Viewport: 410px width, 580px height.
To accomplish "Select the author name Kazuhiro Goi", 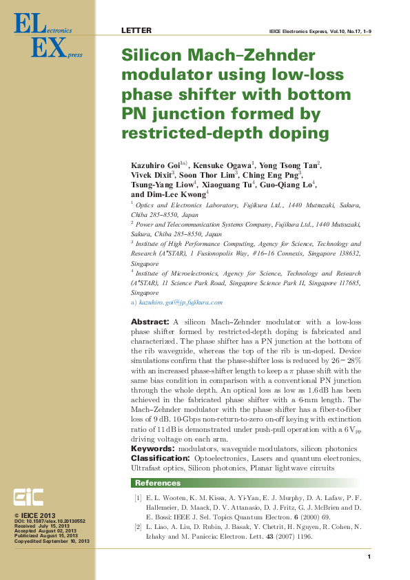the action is [x=155, y=165].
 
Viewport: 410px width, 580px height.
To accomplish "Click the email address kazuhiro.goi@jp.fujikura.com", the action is [x=181, y=302].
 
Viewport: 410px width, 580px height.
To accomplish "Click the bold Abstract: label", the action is [x=150, y=322].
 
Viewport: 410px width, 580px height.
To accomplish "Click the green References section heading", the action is [x=158, y=483].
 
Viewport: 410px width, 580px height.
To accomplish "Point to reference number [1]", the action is [x=138, y=498].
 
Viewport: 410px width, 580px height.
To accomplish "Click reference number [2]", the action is [x=138, y=527].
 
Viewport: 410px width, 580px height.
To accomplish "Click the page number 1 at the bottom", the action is [x=369, y=557].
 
